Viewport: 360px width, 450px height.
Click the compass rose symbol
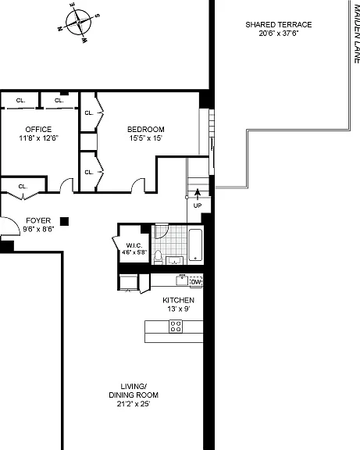point(78,22)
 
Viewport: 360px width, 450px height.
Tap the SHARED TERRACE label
point(279,25)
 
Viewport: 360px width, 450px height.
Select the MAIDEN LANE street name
point(356,31)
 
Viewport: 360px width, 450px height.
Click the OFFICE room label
point(38,130)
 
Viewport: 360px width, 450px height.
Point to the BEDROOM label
point(146,130)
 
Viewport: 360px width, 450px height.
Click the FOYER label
point(38,220)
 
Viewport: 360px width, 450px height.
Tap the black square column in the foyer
point(64,221)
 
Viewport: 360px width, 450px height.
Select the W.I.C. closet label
point(134,245)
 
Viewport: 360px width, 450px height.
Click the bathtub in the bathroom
point(195,245)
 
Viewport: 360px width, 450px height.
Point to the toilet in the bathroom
point(158,258)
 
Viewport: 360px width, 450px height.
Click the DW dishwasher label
point(196,282)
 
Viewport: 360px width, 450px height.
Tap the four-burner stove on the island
point(176,327)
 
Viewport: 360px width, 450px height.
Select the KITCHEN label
point(178,300)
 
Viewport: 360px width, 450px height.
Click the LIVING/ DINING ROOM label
point(134,391)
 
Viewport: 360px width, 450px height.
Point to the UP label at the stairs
point(198,205)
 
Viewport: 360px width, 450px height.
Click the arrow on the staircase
point(198,194)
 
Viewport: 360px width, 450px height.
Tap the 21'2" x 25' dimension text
point(134,404)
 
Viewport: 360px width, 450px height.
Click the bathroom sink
point(174,261)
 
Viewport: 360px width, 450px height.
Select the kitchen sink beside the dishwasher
point(182,280)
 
